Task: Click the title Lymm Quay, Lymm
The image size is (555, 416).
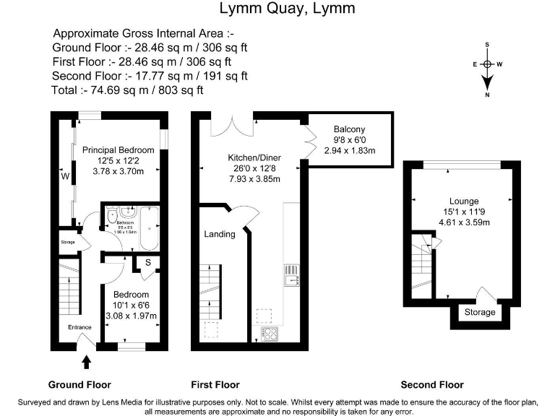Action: (277, 9)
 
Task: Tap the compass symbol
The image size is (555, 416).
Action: (488, 64)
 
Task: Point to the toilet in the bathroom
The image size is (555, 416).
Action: (112, 216)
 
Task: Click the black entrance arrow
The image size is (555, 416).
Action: (87, 360)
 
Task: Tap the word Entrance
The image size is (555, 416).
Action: (80, 327)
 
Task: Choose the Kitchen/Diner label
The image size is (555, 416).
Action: (254, 157)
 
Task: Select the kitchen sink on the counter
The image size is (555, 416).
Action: (293, 275)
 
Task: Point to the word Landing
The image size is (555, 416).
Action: (220, 234)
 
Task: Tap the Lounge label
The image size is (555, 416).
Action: (463, 201)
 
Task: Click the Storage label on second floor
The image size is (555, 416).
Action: (480, 312)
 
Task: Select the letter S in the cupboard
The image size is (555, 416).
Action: (148, 262)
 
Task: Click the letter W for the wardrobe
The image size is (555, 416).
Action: (64, 175)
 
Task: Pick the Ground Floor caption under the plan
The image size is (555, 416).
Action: (79, 384)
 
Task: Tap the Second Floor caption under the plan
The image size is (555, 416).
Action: (432, 384)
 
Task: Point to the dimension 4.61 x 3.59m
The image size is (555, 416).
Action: (464, 222)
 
